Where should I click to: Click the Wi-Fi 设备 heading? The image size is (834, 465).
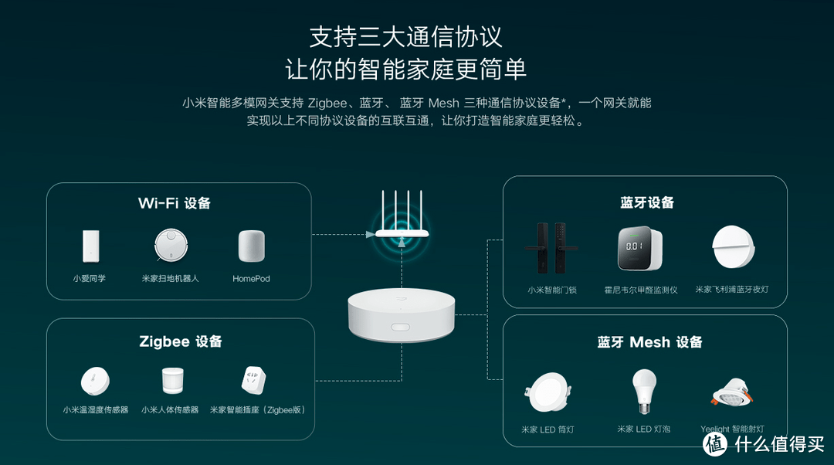point(175,203)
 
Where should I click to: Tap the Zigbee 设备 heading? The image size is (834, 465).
point(181,341)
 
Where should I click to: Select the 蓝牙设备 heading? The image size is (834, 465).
point(647,202)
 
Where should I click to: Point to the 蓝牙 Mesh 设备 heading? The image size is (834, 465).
point(649,342)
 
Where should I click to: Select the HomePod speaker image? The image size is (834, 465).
point(251,246)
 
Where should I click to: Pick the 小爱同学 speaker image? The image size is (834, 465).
point(90,246)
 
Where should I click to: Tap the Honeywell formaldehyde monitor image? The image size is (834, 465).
point(640,249)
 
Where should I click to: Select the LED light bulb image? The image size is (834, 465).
point(644,390)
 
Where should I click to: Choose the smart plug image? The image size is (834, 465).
point(254,381)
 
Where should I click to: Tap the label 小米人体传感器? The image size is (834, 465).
point(170,410)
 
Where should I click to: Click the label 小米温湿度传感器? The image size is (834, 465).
point(96,410)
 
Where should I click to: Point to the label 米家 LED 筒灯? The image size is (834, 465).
point(548,429)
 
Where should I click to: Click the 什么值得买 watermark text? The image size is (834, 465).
point(779,443)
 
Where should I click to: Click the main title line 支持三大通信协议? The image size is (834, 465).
point(405,36)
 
